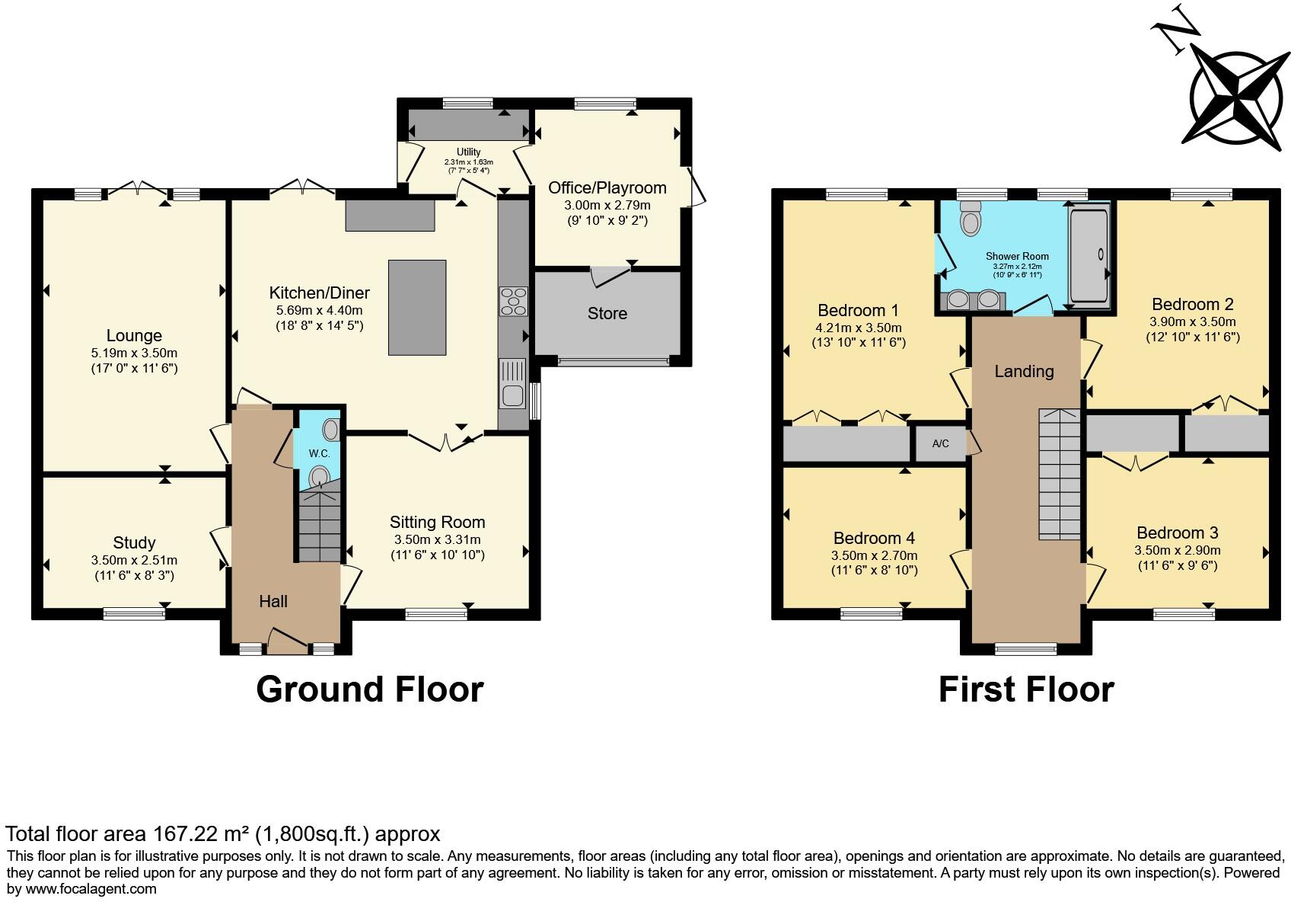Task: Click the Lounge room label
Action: tap(134, 335)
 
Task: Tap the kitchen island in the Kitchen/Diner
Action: tap(417, 307)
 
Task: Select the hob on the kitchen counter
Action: tap(512, 301)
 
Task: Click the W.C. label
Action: tap(319, 453)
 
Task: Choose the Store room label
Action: tap(607, 313)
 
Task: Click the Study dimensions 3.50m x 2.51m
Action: tap(134, 560)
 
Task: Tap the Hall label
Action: tap(273, 601)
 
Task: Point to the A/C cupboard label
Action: tap(940, 443)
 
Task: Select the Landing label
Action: tap(1024, 371)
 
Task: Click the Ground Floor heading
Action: tap(369, 689)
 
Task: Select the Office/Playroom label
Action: tap(607, 187)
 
